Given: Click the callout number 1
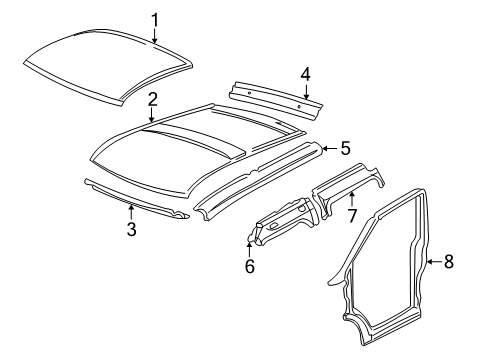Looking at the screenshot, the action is pyautogui.click(x=155, y=20).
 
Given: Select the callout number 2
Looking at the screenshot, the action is pyautogui.click(x=152, y=100).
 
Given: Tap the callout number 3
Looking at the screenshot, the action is pyautogui.click(x=132, y=229).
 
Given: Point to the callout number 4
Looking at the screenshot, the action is pyautogui.click(x=306, y=74).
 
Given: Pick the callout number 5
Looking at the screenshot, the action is pyautogui.click(x=346, y=148).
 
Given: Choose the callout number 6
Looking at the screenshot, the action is pyautogui.click(x=250, y=266).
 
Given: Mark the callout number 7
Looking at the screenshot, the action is pyautogui.click(x=352, y=216).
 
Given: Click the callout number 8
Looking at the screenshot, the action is pyautogui.click(x=449, y=261).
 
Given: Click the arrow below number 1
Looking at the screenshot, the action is pyautogui.click(x=155, y=36).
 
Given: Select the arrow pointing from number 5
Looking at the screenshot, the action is pyautogui.click(x=330, y=148).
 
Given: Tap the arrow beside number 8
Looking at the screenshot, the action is pyautogui.click(x=434, y=262).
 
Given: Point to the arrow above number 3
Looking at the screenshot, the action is pyautogui.click(x=131, y=212).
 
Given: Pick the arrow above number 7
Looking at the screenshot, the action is pyautogui.click(x=352, y=199).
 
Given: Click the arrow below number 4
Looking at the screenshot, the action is pyautogui.click(x=306, y=91).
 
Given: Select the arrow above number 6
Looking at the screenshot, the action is pyautogui.click(x=249, y=250).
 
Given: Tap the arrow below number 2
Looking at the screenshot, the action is pyautogui.click(x=152, y=115).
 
